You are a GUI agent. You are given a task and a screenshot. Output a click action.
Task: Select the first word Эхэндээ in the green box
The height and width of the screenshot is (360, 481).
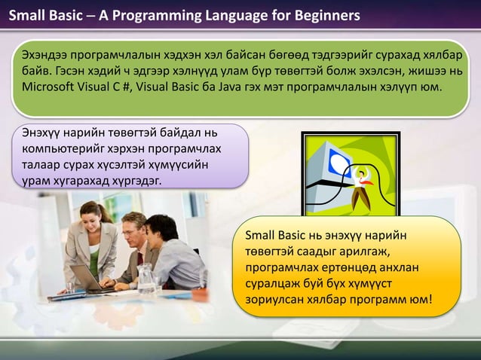point(47,55)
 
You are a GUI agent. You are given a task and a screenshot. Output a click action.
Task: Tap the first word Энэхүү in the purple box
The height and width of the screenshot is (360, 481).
point(44,133)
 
